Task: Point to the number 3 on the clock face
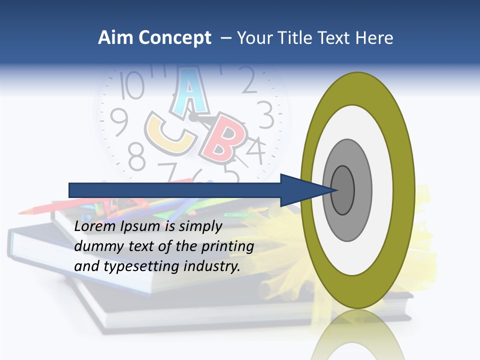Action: (265, 114)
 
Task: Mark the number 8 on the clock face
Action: (136, 155)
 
